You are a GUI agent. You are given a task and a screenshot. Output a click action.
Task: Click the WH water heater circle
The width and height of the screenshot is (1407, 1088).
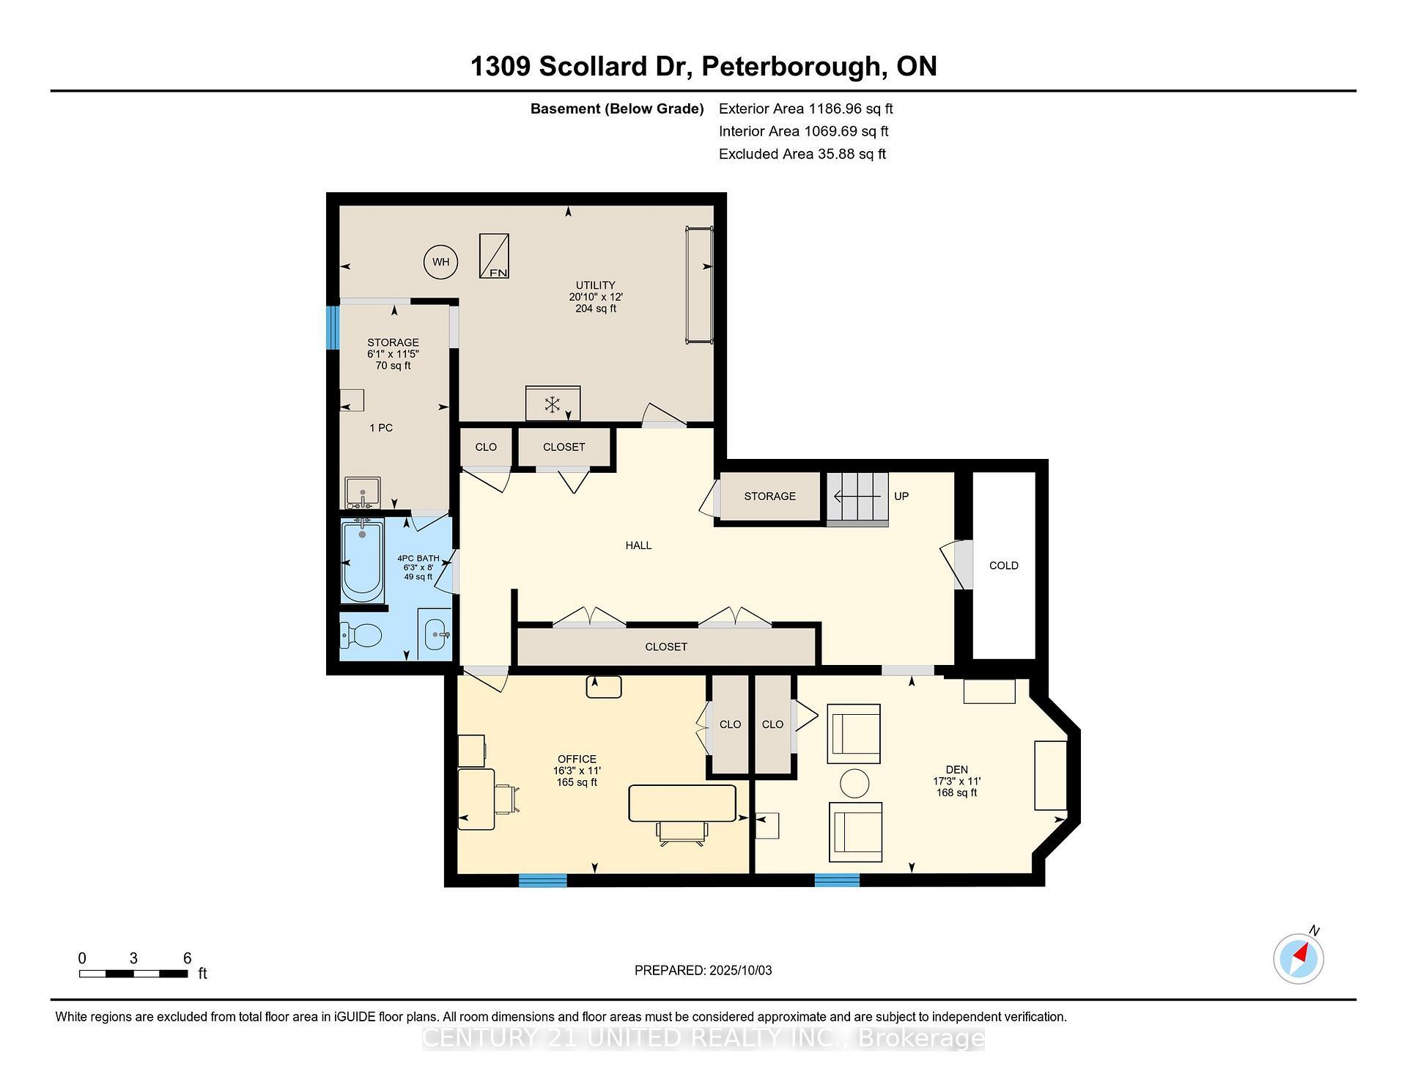[440, 262]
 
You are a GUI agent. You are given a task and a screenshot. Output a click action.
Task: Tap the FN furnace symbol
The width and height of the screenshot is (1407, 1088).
[494, 256]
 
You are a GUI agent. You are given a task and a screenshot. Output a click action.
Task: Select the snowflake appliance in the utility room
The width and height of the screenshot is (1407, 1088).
[553, 404]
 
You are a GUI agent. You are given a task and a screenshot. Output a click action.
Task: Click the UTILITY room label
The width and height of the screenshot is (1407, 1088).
[595, 285]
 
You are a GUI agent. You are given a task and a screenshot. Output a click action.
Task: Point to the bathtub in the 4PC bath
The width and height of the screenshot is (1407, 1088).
[362, 561]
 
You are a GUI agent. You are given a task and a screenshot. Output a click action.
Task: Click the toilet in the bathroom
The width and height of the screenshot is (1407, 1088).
[363, 634]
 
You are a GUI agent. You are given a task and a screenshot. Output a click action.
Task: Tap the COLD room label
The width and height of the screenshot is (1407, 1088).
[1003, 565]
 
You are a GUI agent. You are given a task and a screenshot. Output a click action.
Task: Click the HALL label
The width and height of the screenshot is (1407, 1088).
[638, 545]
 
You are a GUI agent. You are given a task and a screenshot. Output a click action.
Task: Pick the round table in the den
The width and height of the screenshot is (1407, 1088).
[854, 783]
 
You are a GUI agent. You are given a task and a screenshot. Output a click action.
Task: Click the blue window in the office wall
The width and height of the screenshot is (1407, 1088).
[542, 881]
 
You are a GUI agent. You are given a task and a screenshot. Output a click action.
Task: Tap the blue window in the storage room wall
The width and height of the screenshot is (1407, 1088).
[332, 328]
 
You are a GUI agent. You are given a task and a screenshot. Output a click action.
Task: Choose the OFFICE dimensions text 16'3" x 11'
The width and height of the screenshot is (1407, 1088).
[577, 771]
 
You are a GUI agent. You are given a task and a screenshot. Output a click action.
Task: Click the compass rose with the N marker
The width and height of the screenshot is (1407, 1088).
[1299, 958]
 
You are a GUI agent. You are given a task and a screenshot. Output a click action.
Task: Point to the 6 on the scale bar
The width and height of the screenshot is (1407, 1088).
[187, 958]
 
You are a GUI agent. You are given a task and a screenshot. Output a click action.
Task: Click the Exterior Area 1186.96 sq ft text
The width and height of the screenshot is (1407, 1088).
[805, 109]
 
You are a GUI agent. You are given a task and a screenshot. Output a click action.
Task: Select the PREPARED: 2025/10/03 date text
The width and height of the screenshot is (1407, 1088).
[703, 970]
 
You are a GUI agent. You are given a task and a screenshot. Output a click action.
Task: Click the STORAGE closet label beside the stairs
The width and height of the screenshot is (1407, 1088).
[769, 496]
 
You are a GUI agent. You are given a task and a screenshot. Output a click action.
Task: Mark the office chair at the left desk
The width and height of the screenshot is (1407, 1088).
[506, 799]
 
